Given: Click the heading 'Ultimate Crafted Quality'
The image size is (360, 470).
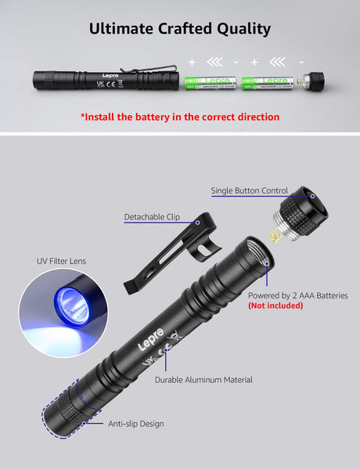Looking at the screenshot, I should click(179, 29).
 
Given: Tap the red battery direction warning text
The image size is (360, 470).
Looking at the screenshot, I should click(179, 117).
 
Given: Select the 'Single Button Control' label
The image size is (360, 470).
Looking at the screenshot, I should click(249, 190).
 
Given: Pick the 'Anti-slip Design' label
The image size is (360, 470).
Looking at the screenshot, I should click(135, 424).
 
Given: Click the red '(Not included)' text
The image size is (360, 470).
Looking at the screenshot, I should click(275, 305).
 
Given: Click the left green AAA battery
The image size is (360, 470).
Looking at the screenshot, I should click(207, 81).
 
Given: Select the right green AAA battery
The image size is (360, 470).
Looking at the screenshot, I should click(267, 81).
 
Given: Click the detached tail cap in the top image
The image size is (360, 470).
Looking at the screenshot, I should click(314, 80).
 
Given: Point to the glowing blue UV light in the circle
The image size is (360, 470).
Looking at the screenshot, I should click(68, 302).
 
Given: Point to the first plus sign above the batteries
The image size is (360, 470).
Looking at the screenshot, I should click(191, 60).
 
